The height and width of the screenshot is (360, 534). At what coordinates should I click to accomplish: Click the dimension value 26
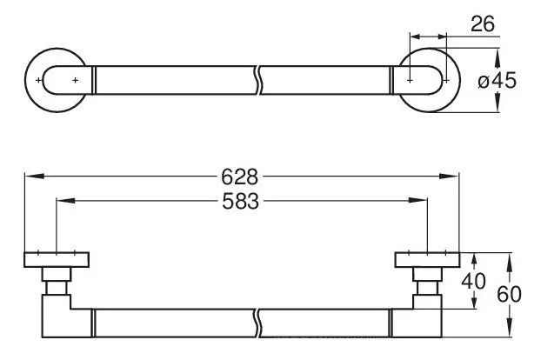484,24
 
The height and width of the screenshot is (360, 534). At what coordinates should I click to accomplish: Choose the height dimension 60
518,295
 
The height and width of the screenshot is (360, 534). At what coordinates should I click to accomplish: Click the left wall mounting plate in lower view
57,259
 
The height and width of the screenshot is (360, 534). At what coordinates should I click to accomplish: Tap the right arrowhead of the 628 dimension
457,177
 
